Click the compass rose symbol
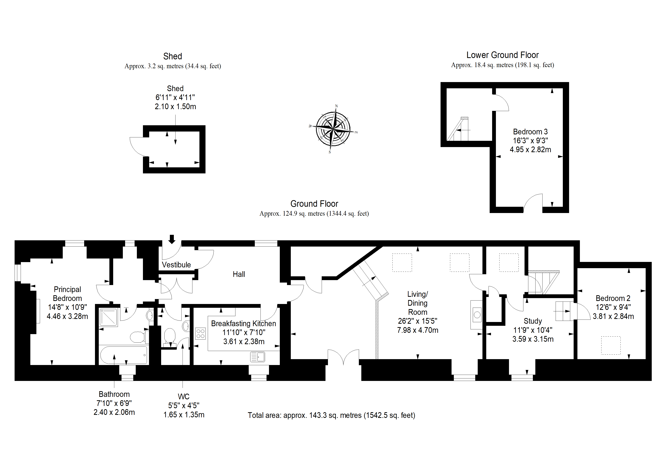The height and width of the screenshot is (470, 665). (333, 129)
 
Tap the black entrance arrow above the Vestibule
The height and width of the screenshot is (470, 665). (172, 239)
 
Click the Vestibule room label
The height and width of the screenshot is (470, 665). (176, 265)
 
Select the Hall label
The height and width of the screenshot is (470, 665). (239, 274)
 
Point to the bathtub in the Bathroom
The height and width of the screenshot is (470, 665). (124, 355)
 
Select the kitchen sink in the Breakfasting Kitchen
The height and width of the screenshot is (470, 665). (257, 357)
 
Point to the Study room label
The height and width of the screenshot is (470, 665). (533, 321)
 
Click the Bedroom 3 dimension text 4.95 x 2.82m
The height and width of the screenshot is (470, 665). (530, 149)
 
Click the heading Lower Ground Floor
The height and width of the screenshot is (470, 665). (503, 55)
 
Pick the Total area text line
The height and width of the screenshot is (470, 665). (331, 415)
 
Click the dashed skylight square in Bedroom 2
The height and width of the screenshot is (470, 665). (611, 345)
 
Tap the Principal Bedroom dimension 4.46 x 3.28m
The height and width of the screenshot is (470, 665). (67, 316)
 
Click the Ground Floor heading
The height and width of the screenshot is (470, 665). (314, 204)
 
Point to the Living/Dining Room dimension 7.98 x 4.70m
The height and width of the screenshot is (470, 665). (418, 330)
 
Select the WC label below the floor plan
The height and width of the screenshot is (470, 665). (184, 396)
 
